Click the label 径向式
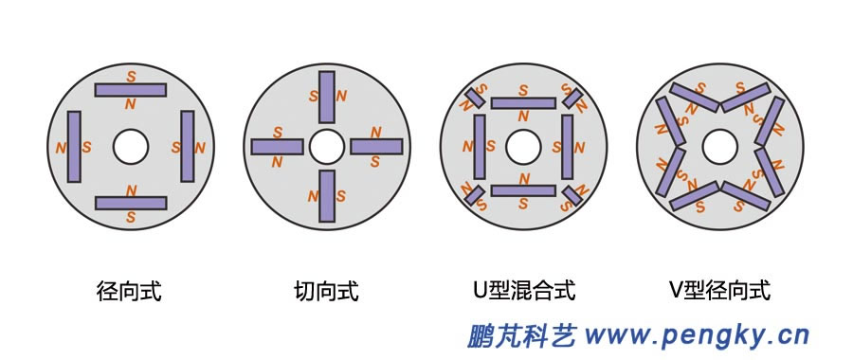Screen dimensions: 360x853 130,291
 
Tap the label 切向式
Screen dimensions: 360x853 326,291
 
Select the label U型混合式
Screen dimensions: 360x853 523,291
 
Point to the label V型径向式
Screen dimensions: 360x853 720,291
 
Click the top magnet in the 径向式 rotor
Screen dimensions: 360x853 131,89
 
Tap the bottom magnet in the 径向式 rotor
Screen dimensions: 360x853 131,203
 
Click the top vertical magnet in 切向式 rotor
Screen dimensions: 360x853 327,97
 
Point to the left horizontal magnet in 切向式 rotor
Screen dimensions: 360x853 277,146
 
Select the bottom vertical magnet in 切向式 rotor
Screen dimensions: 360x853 327,196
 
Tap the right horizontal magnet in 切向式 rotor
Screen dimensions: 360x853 377,146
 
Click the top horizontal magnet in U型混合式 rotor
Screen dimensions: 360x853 523,102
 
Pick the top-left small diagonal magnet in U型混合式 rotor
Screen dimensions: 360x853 475,95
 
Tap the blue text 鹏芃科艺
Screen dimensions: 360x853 522,335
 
